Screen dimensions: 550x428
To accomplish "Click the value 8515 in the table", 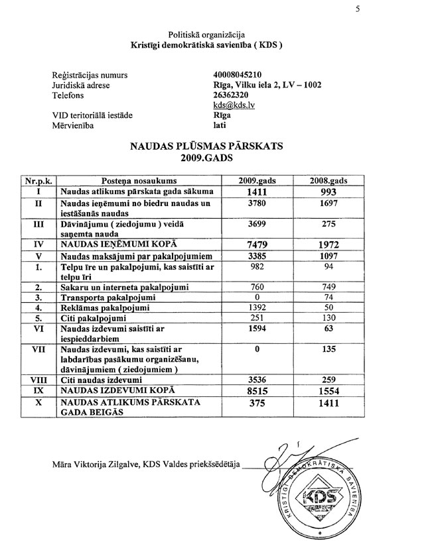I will [x=255, y=392].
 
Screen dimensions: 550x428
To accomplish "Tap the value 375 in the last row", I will [x=255, y=408].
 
